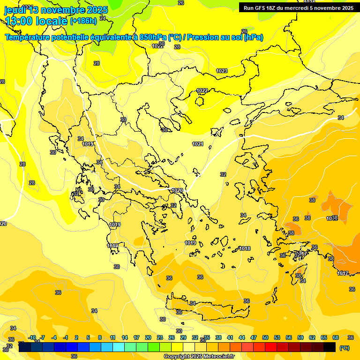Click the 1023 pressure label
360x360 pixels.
(x=222, y=71)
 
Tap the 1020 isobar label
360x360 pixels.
(x=177, y=190)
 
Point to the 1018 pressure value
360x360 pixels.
(x=245, y=248)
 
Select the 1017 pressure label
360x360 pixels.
(x=343, y=273)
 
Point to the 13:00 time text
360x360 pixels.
(x=22, y=21)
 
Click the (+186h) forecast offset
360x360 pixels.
(x=83, y=21)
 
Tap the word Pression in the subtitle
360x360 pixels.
(x=202, y=37)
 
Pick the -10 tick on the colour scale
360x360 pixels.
(x=32, y=337)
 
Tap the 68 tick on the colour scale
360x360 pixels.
(x=336, y=337)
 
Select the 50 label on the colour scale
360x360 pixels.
(x=265, y=337)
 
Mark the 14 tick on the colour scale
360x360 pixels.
(x=125, y=337)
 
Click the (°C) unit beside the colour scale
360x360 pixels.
(x=344, y=347)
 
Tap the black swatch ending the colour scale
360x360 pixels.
(x=330, y=347)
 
